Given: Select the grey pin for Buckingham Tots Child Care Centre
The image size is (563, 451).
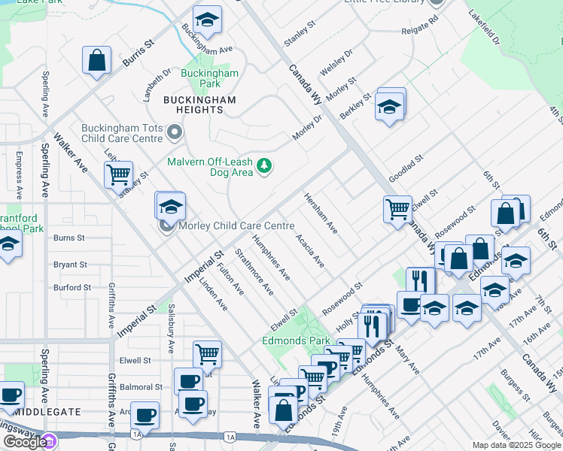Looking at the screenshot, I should tap(175, 133).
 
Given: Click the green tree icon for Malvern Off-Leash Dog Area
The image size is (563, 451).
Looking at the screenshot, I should tap(263, 165).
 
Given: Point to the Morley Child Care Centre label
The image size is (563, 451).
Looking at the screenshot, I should tap(235, 226).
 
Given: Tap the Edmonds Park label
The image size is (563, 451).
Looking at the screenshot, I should tap(295, 341).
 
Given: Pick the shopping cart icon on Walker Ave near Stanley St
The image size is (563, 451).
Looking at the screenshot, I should tap(118, 174).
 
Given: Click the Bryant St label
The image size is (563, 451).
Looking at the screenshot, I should tap(71, 265).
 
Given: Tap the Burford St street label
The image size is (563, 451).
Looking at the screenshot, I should tap(72, 287).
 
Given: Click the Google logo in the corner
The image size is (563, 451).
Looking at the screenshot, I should tap(24, 441).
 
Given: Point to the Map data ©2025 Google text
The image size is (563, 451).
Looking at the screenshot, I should tap(516, 445).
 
